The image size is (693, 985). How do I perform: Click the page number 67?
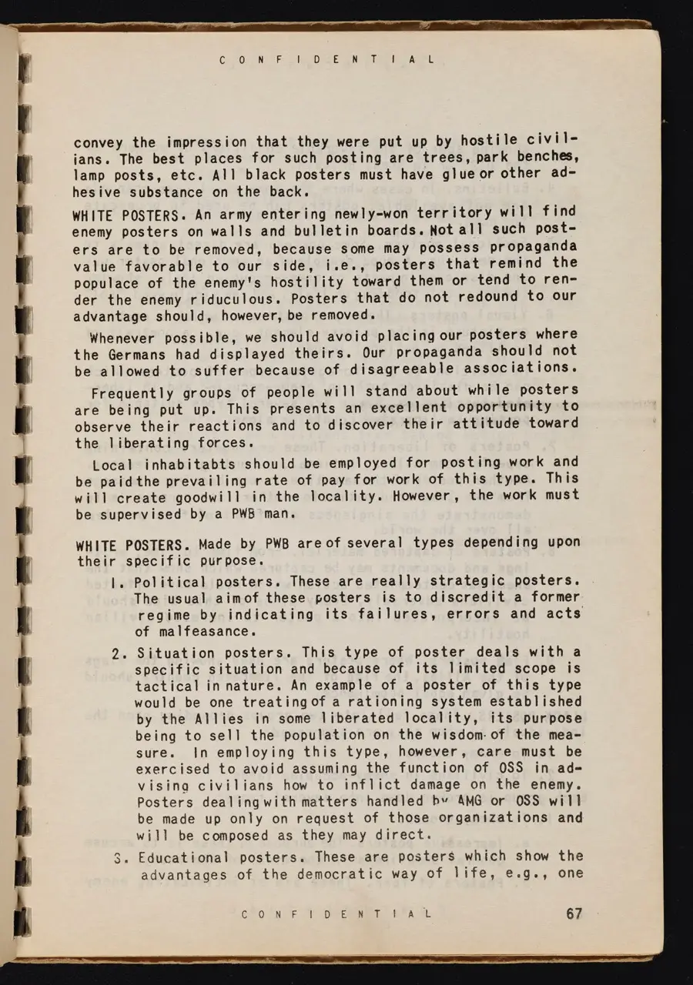pos(574,913)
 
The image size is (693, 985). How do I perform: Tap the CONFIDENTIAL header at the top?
pos(326,59)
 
